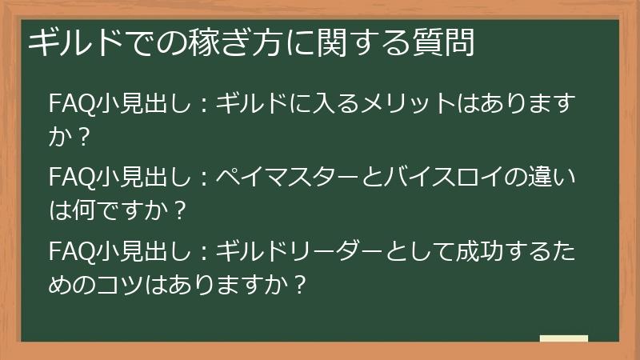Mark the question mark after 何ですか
click(182, 211)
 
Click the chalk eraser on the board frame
click(563, 338)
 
